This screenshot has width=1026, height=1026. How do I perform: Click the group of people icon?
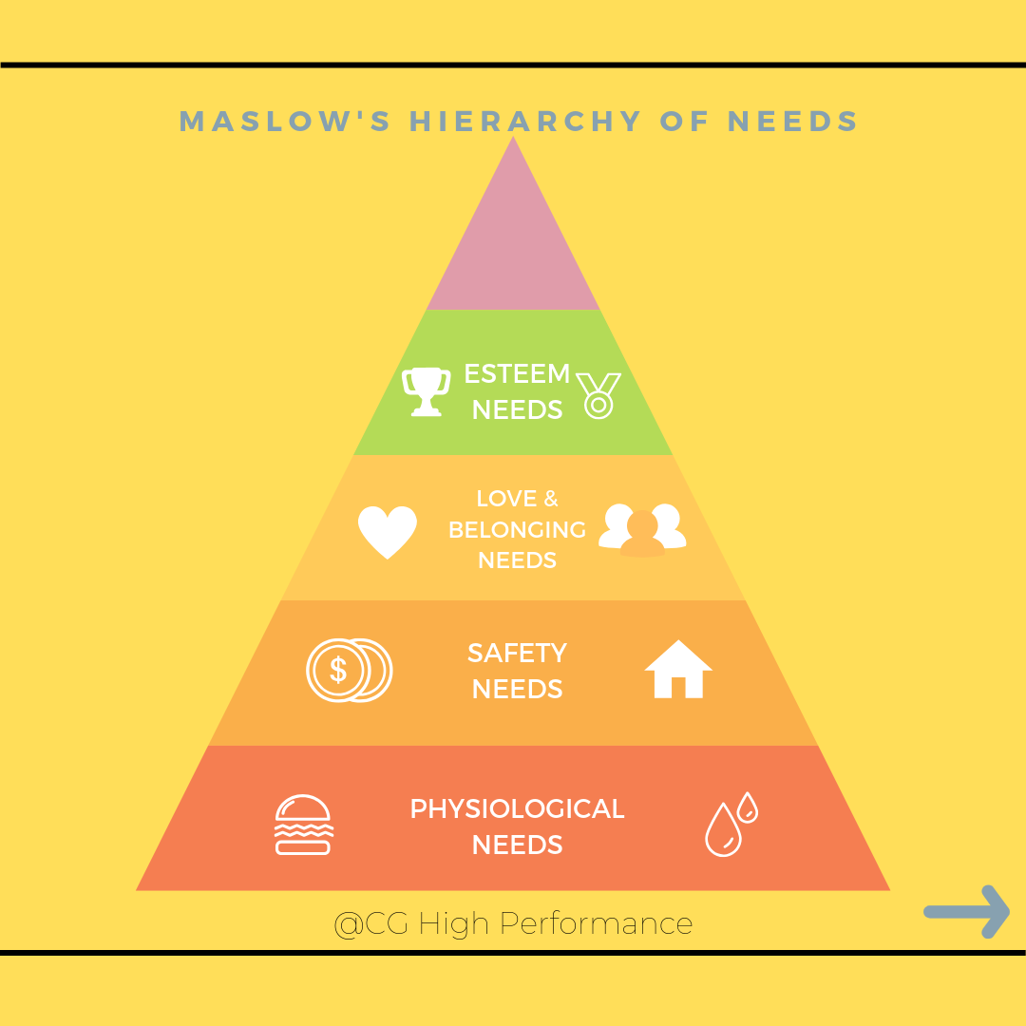coord(642,529)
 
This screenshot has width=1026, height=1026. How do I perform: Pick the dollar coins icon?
coord(349,670)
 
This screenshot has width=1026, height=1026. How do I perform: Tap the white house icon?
coord(678,670)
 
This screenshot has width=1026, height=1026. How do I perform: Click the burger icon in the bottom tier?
coord(303,825)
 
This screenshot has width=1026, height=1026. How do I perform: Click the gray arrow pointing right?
coord(966,912)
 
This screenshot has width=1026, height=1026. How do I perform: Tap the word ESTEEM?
coord(517,374)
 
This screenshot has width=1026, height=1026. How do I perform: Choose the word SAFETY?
coord(517,654)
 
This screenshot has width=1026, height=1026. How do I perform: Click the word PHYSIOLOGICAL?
coord(517,809)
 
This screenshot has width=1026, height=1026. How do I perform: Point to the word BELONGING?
coord(517,530)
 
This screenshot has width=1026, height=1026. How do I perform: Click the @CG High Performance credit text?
coord(513,923)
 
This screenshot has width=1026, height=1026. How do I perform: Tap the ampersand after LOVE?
coord(551,499)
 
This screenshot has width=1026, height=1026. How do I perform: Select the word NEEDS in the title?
coord(792,122)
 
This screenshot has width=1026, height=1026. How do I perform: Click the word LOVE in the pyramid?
coord(506,499)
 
